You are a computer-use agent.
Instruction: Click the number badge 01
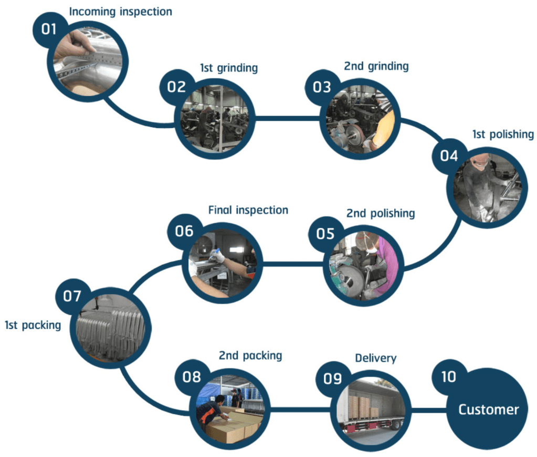(x=48, y=29)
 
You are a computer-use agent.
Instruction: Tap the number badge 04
(x=449, y=156)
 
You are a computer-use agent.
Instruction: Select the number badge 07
(x=72, y=296)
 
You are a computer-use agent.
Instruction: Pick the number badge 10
(x=449, y=377)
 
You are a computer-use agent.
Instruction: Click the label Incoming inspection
(x=121, y=11)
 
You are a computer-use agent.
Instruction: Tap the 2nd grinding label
(x=376, y=67)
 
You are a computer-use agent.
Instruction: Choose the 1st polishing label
(x=503, y=134)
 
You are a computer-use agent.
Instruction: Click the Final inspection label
(x=248, y=210)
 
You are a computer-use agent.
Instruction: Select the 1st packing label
(x=33, y=325)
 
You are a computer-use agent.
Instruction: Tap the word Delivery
(x=376, y=358)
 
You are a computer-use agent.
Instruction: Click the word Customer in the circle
(x=489, y=410)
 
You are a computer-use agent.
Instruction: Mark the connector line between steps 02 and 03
(x=288, y=118)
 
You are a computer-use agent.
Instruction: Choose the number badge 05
(x=325, y=233)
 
